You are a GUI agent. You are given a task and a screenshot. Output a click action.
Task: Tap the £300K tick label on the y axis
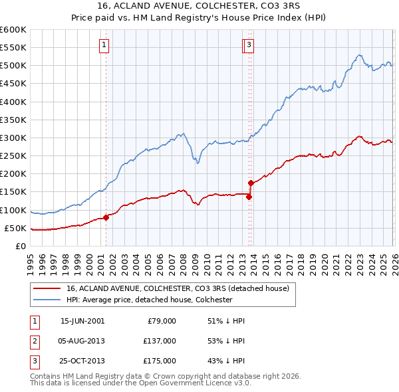click(13, 138)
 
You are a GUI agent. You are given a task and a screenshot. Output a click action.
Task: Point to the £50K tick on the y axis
click(15, 228)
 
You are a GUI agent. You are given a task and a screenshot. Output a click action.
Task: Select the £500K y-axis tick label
click(13, 66)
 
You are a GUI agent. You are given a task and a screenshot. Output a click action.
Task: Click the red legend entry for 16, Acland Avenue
click(177, 289)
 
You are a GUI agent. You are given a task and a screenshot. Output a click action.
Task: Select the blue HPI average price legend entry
click(149, 300)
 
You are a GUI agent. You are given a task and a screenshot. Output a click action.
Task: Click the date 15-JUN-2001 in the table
click(82, 321)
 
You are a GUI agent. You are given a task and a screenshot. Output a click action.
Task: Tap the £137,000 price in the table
click(160, 341)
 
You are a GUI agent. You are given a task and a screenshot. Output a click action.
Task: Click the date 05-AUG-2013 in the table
click(82, 341)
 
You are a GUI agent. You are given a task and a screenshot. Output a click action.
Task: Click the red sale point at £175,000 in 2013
click(251, 183)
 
